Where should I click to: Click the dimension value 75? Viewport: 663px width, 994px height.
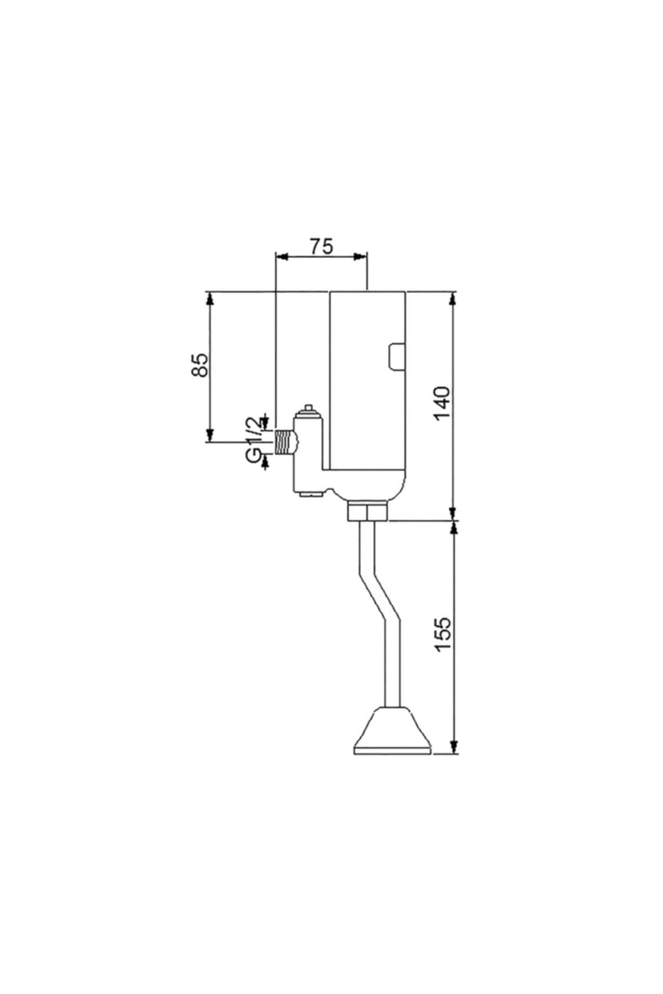click(x=321, y=246)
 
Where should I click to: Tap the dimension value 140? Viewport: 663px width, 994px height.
click(x=444, y=404)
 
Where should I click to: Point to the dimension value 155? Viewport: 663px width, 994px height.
click(x=444, y=635)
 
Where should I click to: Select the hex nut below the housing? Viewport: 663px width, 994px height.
click(x=367, y=511)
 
